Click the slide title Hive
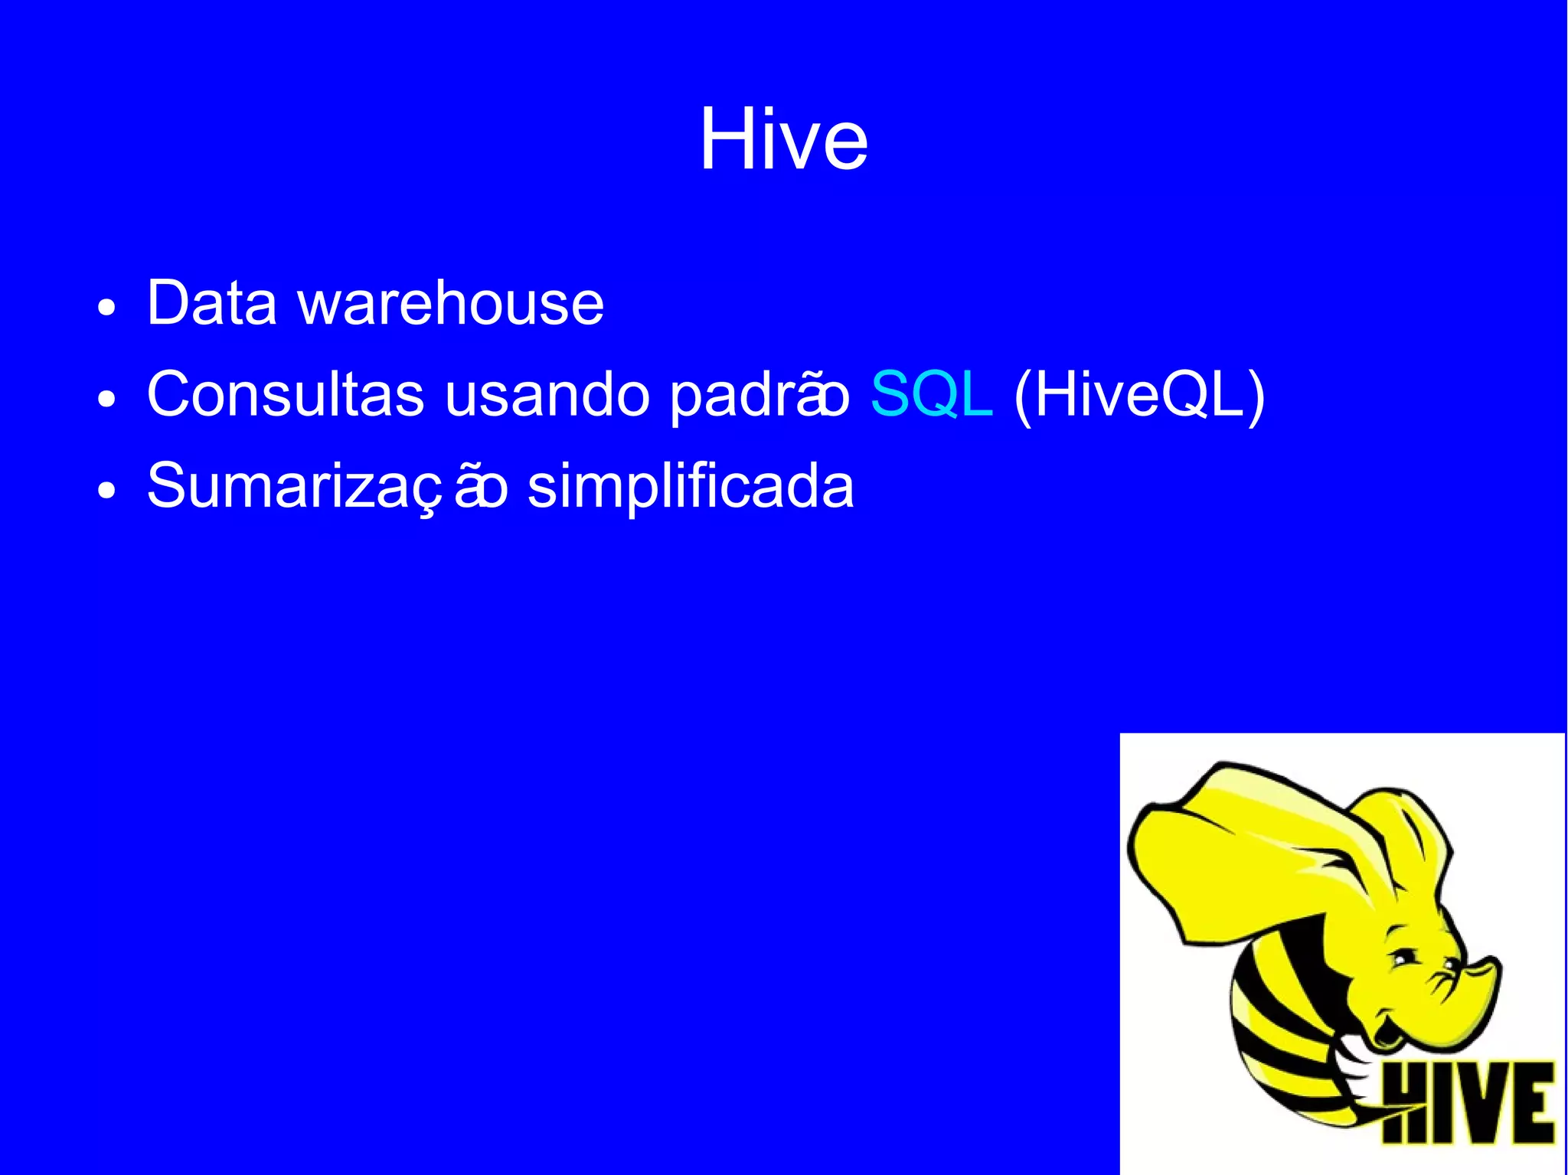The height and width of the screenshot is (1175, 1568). (783, 140)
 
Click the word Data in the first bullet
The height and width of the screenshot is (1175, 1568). (211, 303)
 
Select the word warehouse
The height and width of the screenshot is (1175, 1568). (451, 303)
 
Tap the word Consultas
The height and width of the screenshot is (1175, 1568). (285, 394)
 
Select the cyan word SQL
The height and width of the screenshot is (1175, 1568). (931, 395)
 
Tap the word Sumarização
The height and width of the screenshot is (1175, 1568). (327, 486)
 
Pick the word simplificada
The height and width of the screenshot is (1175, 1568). (690, 486)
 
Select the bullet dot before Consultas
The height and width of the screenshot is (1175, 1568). (107, 400)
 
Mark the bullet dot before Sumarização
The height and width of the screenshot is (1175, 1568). (107, 491)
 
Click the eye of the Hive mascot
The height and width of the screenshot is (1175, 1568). (1402, 958)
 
